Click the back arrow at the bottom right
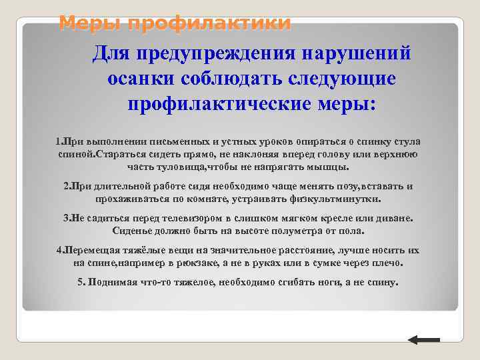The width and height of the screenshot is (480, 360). click(423, 340)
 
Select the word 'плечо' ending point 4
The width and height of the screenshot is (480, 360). click(389, 263)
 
